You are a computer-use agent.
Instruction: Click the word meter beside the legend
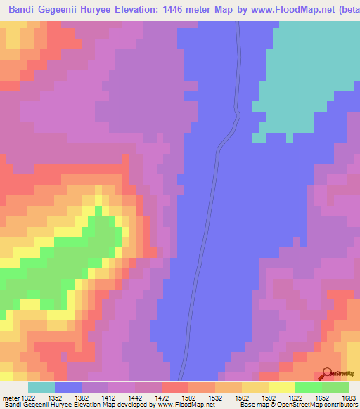click(x=10, y=398)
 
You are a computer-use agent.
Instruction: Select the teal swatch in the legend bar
click(x=41, y=387)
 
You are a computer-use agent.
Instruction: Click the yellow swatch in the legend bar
click(x=281, y=387)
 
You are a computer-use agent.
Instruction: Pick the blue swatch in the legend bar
click(x=68, y=387)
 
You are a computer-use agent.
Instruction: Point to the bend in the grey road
click(x=237, y=116)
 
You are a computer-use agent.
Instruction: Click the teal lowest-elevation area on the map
click(x=309, y=77)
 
